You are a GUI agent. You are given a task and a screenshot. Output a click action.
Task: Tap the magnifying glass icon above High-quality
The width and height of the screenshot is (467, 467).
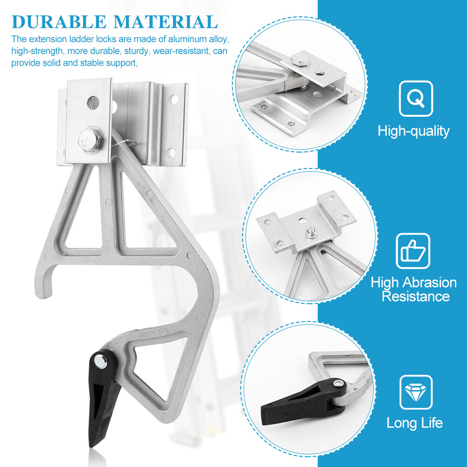416,98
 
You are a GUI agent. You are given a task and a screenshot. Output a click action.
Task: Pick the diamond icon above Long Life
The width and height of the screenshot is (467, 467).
416,392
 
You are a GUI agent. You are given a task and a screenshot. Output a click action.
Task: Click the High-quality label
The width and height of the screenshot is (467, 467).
413,131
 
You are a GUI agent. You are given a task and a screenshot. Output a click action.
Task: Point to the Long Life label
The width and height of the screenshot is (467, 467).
415,423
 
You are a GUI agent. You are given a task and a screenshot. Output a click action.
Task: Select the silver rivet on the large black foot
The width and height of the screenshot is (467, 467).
100,361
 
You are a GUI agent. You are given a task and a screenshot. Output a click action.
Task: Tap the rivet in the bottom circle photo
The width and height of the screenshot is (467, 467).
337,383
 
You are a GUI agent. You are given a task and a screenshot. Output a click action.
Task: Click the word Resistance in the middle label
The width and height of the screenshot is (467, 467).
416,296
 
